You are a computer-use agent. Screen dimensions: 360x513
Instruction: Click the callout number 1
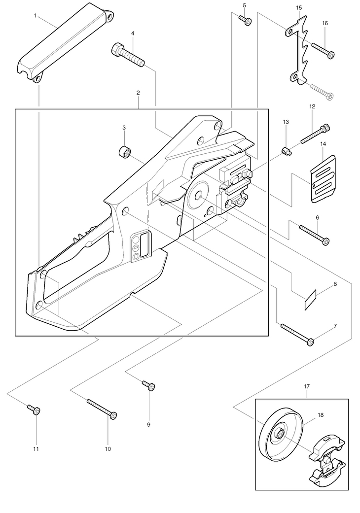35,16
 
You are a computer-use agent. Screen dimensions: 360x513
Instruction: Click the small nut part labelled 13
286,150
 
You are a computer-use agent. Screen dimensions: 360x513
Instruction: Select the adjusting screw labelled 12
314,135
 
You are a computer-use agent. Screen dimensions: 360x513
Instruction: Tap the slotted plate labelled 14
322,179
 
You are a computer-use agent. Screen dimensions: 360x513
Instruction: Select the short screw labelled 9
149,385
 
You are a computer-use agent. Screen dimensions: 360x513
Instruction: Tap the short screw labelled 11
34,409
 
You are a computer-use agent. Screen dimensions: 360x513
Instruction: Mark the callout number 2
138,93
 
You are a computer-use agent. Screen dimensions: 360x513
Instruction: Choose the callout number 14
323,143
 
